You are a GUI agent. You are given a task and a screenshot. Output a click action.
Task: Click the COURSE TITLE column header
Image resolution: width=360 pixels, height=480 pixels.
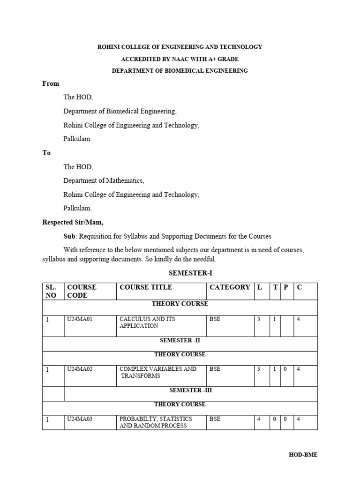[146, 287]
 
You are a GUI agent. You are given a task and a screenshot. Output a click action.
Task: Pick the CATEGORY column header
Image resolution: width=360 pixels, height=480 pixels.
[230, 287]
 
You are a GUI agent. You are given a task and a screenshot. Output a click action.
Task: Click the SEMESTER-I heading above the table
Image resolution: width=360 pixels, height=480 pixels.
[187, 273]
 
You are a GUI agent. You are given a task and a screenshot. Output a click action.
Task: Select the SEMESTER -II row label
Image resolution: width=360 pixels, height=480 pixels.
[180, 340]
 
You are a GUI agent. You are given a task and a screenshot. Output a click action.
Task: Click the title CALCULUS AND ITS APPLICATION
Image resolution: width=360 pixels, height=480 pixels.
[147, 322]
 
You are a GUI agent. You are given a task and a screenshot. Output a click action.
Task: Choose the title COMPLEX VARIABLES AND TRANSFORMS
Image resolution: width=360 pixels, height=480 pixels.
[157, 372]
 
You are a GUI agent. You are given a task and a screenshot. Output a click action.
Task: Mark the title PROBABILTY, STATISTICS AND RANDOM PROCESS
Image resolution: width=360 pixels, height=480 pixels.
[156, 422]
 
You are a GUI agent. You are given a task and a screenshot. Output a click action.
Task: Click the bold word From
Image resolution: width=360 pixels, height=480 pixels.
[51, 84]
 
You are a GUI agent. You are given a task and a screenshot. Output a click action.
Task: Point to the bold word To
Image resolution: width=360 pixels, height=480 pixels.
[46, 153]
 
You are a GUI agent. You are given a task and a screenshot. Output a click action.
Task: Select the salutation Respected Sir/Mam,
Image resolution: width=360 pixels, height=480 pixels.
[73, 223]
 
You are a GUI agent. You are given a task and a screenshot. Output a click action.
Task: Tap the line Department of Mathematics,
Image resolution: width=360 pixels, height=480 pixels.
[104, 181]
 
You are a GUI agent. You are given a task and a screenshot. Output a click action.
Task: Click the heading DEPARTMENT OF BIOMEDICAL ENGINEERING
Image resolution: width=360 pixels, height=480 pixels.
[180, 71]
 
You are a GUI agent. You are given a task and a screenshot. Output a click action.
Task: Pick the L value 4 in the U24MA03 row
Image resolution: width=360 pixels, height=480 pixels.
[258, 419]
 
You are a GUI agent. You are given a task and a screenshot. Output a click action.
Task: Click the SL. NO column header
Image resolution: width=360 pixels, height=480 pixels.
[51, 291]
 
